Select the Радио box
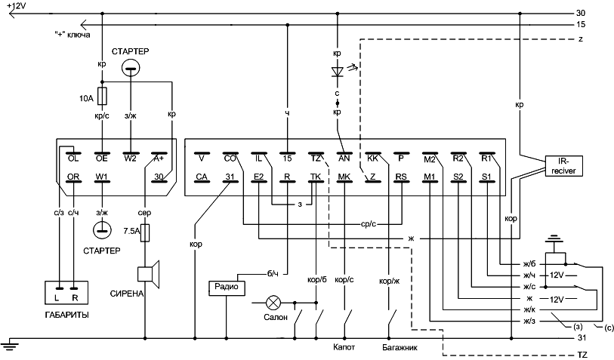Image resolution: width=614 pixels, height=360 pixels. pos(226,288)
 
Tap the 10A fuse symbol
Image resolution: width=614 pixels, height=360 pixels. pos(102,96)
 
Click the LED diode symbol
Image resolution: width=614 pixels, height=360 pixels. pos(338,72)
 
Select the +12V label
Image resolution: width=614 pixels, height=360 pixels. pos(14,5)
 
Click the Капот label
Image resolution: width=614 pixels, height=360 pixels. pos(344,349)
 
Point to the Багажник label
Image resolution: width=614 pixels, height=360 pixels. pos(400,349)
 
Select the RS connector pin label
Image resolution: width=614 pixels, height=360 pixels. pos(401,177)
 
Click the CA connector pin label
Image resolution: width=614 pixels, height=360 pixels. pos(202,177)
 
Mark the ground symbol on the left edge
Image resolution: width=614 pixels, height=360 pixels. pos(10,346)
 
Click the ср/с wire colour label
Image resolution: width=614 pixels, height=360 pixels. pos(369,224)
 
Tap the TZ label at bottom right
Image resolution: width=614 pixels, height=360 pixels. pos(582,354)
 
